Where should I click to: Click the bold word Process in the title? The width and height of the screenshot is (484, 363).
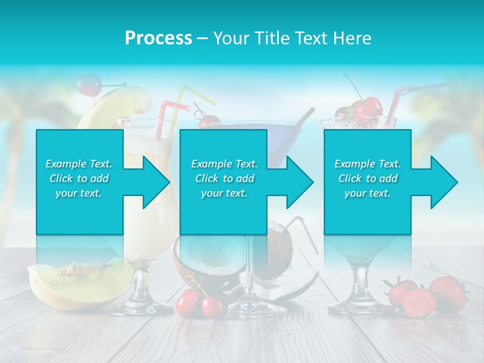pyautogui.click(x=158, y=38)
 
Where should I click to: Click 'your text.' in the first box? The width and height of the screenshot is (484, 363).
pyautogui.click(x=79, y=193)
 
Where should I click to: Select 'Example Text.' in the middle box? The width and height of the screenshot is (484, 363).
pyautogui.click(x=224, y=164)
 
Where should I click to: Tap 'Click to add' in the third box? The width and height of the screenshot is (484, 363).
pyautogui.click(x=368, y=178)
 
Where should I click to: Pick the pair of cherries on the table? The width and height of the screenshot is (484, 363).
pyautogui.click(x=201, y=302)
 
